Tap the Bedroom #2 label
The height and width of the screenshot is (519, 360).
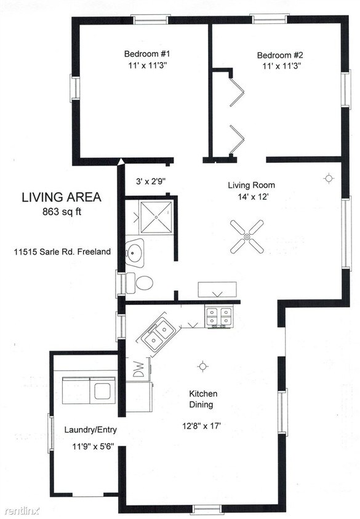click(275, 55)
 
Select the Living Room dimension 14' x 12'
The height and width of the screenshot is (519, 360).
click(251, 197)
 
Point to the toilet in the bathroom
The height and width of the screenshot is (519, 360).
click(141, 283)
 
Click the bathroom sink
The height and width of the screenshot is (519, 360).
click(135, 252)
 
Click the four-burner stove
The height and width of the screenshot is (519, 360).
click(219, 317)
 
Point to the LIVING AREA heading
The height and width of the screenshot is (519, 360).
click(61, 198)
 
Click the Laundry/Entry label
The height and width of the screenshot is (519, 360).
click(90, 430)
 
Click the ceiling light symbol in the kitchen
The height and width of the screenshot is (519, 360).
click(201, 367)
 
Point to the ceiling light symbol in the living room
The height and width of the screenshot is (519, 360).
click(329, 179)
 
